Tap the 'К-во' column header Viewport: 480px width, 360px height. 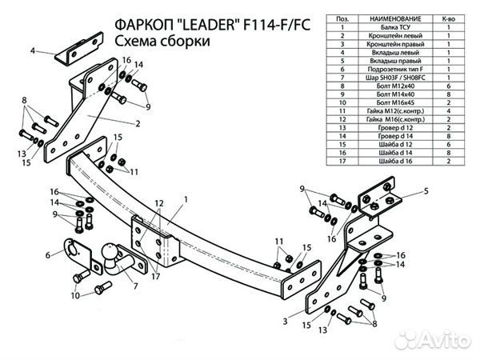448,17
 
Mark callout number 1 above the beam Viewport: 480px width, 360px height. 185,198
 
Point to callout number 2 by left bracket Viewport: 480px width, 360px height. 138,123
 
